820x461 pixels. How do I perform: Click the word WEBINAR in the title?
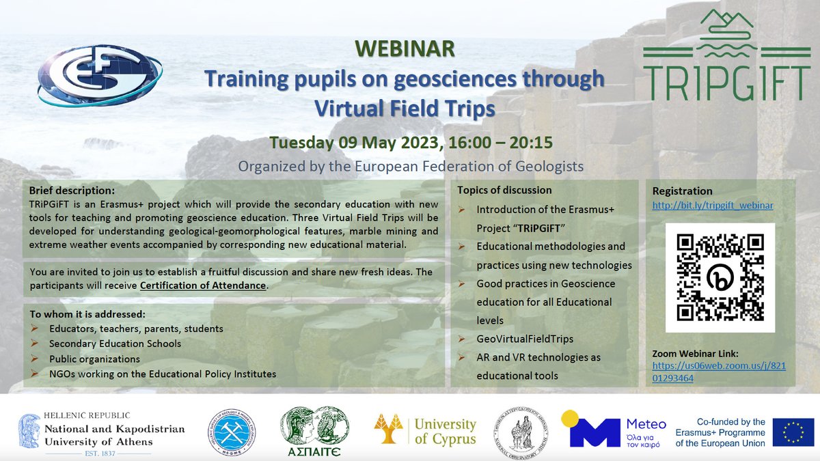405,50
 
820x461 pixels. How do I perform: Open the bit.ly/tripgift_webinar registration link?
713,205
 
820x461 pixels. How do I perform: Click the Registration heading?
682,191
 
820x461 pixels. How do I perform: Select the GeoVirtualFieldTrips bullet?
525,339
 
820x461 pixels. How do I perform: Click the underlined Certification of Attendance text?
202,285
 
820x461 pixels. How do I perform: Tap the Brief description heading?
72,190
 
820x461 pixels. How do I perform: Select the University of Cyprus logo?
424,430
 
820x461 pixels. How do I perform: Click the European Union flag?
793,432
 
